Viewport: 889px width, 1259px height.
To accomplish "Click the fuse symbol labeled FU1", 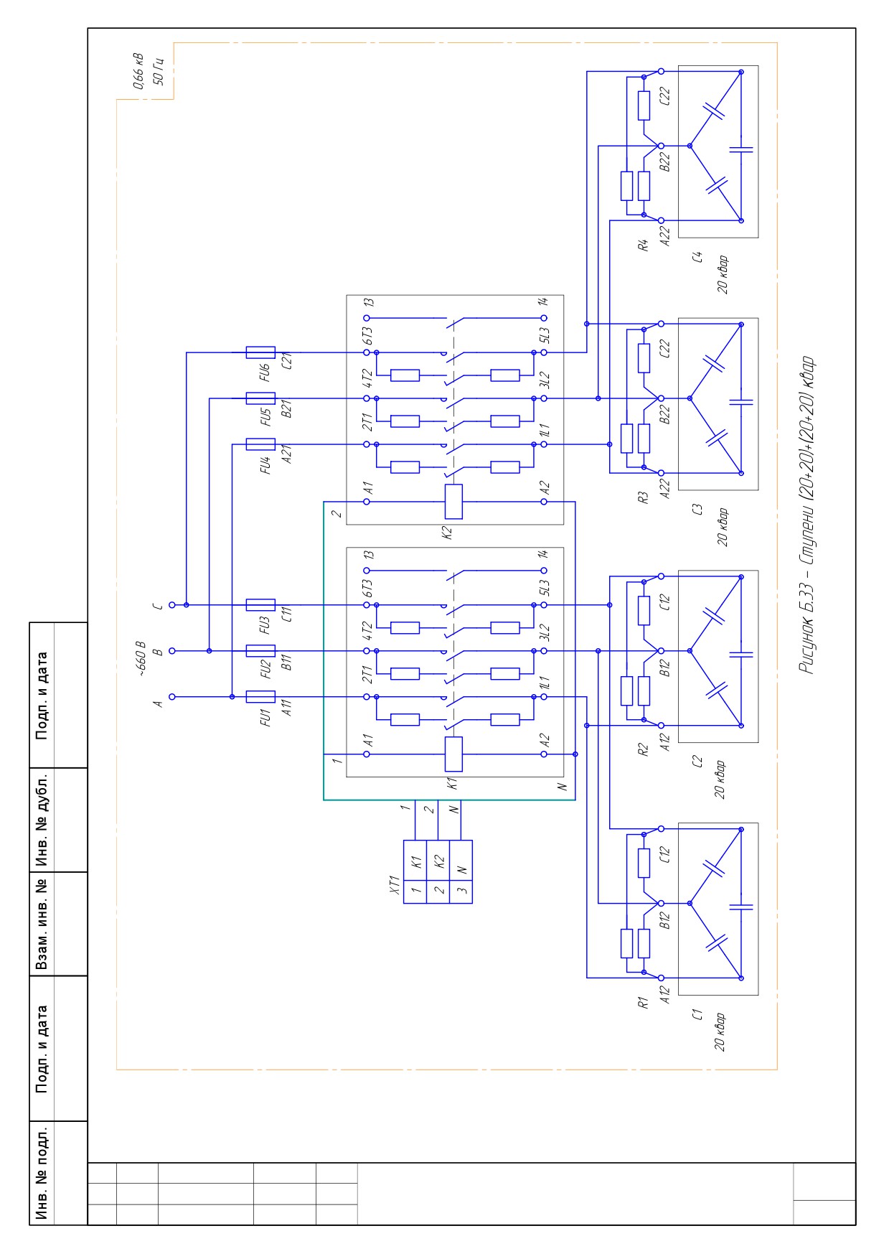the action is click(x=260, y=696).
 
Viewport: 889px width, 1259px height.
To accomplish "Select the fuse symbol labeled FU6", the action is click(x=260, y=352).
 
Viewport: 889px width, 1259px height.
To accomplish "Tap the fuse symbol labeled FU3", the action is click(x=260, y=604).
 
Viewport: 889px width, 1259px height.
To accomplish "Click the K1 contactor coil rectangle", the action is click(x=453, y=754).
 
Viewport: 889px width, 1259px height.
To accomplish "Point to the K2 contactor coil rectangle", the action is click(x=453, y=502).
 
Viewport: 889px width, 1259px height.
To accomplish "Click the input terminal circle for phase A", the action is click(x=171, y=696).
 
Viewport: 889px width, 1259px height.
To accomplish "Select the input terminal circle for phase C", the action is click(x=171, y=604).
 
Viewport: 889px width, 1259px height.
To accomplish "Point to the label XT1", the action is click(x=393, y=883).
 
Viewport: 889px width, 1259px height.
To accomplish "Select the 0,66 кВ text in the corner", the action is click(x=138, y=71).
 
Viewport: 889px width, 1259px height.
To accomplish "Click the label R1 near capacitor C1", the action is click(x=644, y=1002).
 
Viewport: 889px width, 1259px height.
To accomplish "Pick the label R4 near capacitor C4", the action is click(x=644, y=245).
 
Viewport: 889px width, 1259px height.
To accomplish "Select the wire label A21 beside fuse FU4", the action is click(x=286, y=454).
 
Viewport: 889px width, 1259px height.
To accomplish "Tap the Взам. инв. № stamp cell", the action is click(x=42, y=924).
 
